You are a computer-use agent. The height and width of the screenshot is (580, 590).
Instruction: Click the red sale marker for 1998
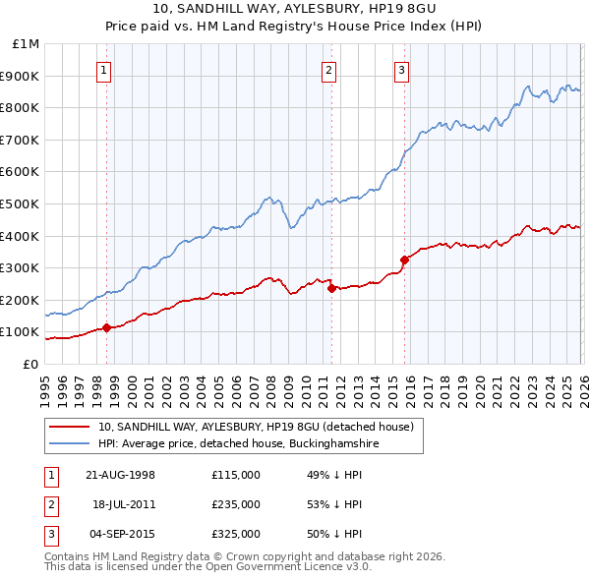[106, 327]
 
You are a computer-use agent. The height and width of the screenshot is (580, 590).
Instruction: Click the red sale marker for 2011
[331, 289]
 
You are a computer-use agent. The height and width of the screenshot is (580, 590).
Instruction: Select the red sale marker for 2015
[404, 261]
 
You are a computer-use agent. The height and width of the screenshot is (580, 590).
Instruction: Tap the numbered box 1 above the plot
[104, 70]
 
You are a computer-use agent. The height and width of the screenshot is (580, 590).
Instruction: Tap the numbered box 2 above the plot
[328, 70]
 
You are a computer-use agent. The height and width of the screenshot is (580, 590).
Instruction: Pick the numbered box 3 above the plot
[402, 70]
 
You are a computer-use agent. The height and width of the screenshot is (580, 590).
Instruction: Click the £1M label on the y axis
[26, 44]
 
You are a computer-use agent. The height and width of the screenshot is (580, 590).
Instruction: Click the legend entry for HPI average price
[238, 443]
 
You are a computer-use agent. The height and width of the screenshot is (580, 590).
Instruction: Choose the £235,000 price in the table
[235, 504]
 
